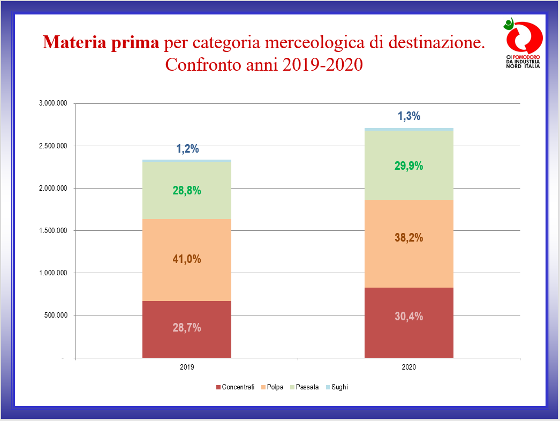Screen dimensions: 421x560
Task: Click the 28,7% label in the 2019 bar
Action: point(187,328)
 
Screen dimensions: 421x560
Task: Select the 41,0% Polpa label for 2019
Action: point(187,259)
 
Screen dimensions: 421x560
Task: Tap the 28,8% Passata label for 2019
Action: point(187,190)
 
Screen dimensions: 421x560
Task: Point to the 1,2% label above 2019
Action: point(188,149)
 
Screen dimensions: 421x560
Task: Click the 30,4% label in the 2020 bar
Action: point(408,317)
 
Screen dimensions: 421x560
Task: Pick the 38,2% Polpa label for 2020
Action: point(408,237)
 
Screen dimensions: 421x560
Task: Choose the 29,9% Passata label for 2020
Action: point(408,166)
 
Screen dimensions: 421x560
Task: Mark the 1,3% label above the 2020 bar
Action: point(409,116)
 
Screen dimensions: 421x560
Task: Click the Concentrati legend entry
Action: point(235,387)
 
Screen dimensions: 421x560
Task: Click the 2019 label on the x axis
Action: point(187,368)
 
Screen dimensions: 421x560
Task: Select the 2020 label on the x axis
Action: point(409,368)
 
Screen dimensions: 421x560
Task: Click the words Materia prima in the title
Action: point(101,42)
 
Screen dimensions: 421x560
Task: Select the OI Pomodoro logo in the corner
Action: point(523,43)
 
